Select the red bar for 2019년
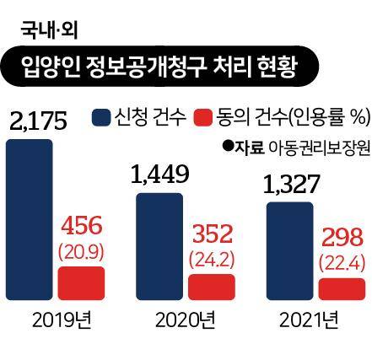(81, 280)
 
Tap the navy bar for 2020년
(158, 244)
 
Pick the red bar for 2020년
(211, 286)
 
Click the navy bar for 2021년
(289, 250)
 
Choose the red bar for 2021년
(342, 288)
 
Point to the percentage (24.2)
(213, 258)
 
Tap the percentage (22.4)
(342, 264)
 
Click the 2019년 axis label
(60, 320)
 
